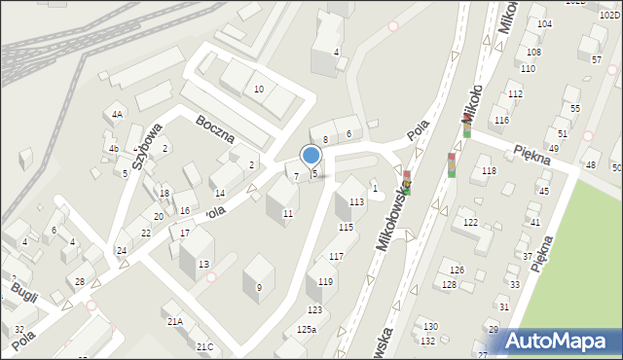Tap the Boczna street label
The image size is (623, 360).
[x=215, y=127]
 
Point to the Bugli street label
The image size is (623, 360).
[x=23, y=290]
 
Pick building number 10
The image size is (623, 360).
[x=258, y=90]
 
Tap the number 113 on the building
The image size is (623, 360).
[x=356, y=201]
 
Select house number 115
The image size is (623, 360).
[x=346, y=227]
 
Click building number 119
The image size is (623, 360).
[x=325, y=281]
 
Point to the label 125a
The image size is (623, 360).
[x=307, y=330]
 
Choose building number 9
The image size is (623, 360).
[x=259, y=287]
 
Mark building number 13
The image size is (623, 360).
[x=203, y=265]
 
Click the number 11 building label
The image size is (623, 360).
[x=287, y=213]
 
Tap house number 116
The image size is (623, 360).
[x=501, y=120]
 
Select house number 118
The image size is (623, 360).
[x=489, y=170]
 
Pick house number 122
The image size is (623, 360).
[x=470, y=223]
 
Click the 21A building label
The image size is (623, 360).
[x=175, y=321]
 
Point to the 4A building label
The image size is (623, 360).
[x=117, y=115]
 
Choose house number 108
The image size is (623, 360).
[x=533, y=52]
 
